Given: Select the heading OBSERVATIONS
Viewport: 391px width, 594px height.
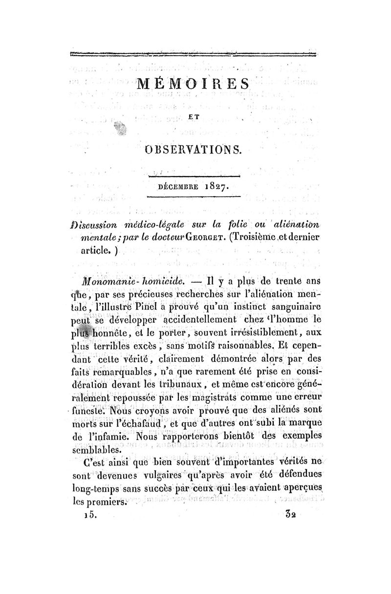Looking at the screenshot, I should (194, 150).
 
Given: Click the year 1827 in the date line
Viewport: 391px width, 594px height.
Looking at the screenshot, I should (209, 186).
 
